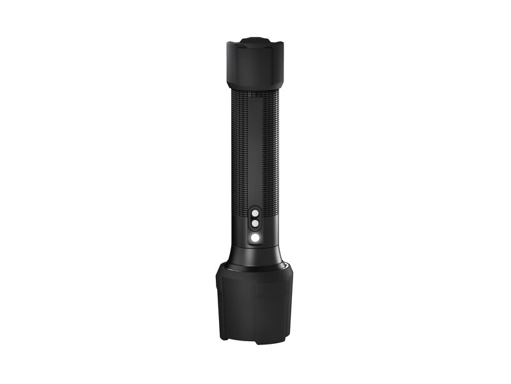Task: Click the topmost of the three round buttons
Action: pos(255,213)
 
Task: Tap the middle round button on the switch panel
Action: pos(255,224)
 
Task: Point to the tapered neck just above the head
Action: pos(255,253)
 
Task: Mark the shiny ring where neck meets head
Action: pos(255,264)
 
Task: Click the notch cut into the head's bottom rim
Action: pos(254,339)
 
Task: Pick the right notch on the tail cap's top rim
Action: pos(273,43)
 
